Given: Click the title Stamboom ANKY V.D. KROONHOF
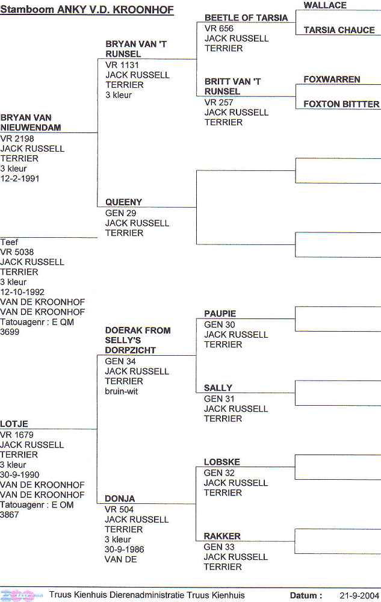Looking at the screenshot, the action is (87, 10).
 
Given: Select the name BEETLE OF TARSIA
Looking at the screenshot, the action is (246, 17).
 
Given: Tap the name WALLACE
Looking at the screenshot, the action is (325, 5).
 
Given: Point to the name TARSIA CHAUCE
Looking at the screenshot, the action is (339, 30).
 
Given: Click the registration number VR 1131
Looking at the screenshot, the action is (122, 65).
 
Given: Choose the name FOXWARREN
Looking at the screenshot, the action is (332, 79).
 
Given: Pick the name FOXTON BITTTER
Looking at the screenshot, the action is (341, 104).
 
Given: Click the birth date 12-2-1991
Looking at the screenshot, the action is (20, 179).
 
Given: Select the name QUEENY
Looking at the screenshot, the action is (123, 202).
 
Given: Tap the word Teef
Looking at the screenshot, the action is (9, 242).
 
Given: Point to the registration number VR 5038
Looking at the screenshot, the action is (17, 252).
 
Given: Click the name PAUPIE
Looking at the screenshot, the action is (220, 314).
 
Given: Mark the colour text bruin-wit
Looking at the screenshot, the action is (121, 391).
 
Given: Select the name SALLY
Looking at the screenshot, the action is (218, 388).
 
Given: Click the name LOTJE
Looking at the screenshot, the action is (14, 424).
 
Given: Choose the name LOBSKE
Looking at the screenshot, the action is (221, 462).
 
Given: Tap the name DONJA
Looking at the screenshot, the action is (120, 498).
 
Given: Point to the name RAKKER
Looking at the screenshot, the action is (222, 536).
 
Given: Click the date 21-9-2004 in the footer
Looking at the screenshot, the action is (359, 596).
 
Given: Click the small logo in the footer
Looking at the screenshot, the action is (22, 595).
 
